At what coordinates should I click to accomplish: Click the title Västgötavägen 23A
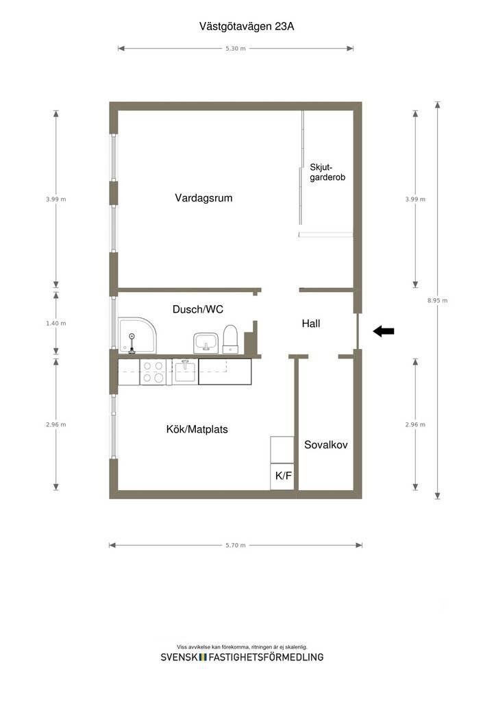click(247, 27)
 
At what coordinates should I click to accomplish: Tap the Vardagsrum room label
click(203, 198)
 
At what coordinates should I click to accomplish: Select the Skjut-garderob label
click(327, 172)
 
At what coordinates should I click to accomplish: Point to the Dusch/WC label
click(198, 309)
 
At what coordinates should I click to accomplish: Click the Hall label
click(311, 324)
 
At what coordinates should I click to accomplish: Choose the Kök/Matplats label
click(197, 429)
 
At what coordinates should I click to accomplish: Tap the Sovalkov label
click(325, 444)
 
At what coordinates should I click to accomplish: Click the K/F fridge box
click(282, 476)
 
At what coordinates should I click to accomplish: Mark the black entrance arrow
click(384, 331)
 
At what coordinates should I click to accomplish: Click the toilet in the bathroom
click(230, 339)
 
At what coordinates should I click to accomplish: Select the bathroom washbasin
click(206, 343)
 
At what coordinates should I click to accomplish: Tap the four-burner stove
click(153, 372)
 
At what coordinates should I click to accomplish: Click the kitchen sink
click(185, 372)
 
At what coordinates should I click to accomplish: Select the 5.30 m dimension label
click(235, 49)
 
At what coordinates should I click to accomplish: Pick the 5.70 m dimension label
click(235, 545)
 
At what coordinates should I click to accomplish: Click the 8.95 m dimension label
click(437, 300)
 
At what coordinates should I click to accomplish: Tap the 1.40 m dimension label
click(56, 324)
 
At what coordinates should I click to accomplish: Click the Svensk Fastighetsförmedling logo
click(242, 657)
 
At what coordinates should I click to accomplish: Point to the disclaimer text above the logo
click(242, 647)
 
